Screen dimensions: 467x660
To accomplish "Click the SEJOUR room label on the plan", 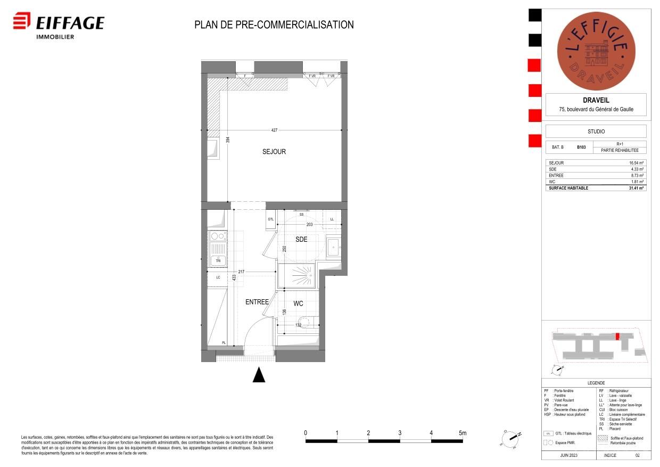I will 274,152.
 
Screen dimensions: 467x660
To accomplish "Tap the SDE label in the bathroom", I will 301,240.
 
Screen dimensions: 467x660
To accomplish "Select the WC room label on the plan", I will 299,304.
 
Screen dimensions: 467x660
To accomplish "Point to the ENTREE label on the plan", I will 257,302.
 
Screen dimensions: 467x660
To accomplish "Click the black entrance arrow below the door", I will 259,375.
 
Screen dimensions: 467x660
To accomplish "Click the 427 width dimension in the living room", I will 275,130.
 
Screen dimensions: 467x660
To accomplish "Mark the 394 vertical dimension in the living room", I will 227,140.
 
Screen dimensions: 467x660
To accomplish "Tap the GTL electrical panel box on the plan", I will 270,219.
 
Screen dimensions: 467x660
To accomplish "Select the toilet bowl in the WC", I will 313,321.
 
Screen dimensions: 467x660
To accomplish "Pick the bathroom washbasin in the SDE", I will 333,245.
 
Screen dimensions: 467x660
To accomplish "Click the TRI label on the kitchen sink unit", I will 218,260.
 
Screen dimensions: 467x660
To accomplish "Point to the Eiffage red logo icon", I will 22,22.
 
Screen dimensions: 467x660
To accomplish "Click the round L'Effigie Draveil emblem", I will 596,51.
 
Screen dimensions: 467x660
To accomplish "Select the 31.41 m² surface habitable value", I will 636,188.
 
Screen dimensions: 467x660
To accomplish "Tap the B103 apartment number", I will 581,147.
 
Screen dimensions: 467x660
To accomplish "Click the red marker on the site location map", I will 617,337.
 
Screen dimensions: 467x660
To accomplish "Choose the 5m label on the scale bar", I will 462,433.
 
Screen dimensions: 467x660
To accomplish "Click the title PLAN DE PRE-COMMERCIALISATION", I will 274,24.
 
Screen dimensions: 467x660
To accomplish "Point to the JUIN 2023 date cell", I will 568,456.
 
